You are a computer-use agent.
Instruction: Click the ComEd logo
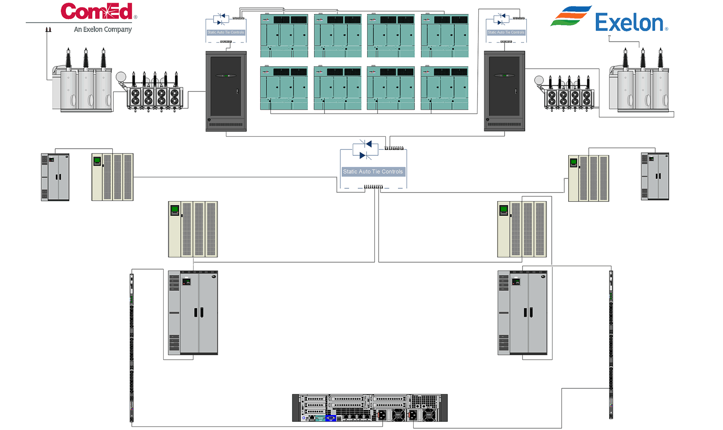click(x=97, y=11)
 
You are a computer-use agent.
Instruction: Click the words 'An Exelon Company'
click(x=103, y=29)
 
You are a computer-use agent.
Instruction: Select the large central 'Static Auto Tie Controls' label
click(x=373, y=172)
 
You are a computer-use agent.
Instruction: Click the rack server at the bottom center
click(x=370, y=408)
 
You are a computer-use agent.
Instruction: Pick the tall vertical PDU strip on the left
click(x=131, y=348)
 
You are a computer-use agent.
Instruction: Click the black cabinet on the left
click(x=226, y=91)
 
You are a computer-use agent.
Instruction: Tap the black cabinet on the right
click(x=504, y=91)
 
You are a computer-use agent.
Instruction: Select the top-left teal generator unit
click(x=284, y=36)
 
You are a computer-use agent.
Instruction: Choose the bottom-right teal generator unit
click(x=444, y=88)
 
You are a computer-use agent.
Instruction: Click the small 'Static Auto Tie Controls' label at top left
click(x=226, y=32)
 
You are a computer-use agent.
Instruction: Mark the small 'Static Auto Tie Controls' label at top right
click(x=506, y=32)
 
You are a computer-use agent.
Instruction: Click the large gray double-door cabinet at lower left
click(x=193, y=312)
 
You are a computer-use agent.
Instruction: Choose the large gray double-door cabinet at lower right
click(x=522, y=312)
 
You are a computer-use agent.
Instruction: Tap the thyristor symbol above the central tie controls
click(x=365, y=149)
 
